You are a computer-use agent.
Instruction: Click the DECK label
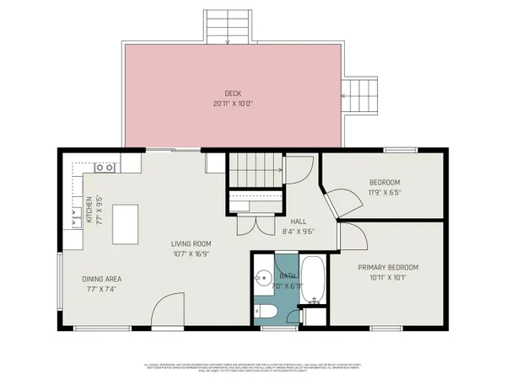pyautogui.click(x=233, y=93)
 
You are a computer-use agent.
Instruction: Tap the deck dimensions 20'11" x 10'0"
pyautogui.click(x=233, y=104)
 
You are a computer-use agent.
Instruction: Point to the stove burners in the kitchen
pyautogui.click(x=105, y=168)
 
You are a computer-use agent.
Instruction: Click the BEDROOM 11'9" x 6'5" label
pyautogui.click(x=385, y=183)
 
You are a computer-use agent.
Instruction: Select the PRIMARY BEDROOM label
pyautogui.click(x=388, y=268)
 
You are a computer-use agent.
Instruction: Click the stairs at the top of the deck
pyautogui.click(x=229, y=26)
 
